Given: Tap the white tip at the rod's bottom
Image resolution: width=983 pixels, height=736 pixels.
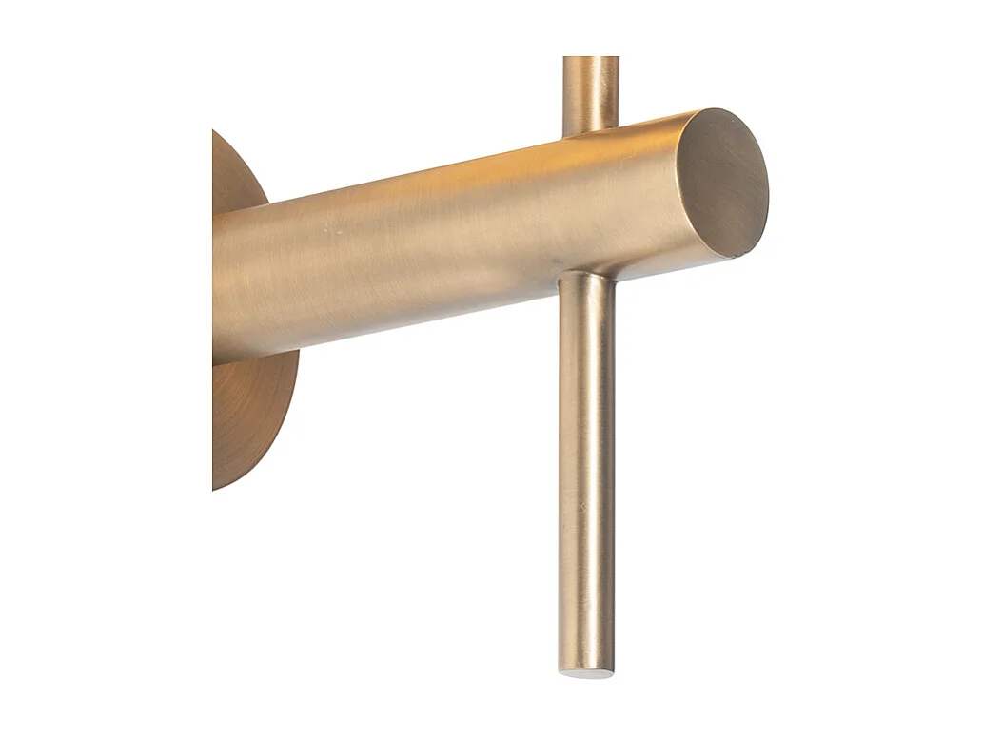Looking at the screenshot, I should [x=586, y=673].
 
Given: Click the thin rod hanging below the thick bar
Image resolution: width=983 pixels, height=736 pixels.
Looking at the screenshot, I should [x=586, y=475].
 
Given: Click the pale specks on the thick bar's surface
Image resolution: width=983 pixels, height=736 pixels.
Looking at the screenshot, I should [x=328, y=231].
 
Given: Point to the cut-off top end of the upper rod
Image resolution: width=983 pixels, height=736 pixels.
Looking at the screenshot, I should [x=590, y=59].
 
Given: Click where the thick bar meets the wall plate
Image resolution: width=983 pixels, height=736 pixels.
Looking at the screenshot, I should [x=217, y=285].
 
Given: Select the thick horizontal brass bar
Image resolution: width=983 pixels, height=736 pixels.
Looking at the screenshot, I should [x=428, y=238].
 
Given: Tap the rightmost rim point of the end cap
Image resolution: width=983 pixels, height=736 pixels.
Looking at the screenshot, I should [x=768, y=181].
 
